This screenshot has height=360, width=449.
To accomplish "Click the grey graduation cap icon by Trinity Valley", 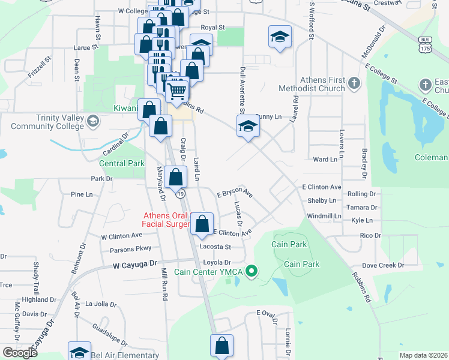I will click(93, 122).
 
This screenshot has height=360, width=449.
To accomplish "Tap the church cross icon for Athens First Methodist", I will click(354, 82).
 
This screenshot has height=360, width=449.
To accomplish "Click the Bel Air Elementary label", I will click(125, 355).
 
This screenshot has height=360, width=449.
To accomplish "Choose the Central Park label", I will click(121, 163).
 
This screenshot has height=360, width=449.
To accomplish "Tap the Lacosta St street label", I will click(215, 247).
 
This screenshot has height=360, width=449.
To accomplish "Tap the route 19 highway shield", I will click(179, 194).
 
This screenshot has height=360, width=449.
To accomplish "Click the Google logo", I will click(19, 353).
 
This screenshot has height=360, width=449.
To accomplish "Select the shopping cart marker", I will click(177, 91).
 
